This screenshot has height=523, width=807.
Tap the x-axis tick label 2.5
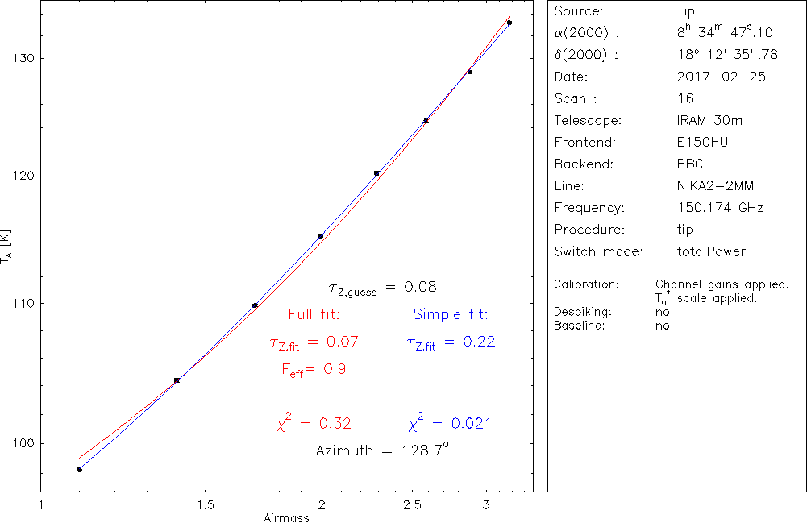[x=424, y=505]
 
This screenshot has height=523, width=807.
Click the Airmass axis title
[x=287, y=517]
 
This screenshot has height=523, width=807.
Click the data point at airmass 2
[x=321, y=236]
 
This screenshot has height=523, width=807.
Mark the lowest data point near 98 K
[x=79, y=469]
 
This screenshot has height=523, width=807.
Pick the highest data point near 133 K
[x=510, y=23]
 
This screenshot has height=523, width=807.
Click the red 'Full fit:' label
[x=314, y=314]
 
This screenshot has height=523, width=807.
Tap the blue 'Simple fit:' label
[x=451, y=314]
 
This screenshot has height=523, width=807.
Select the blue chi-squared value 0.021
[x=450, y=423]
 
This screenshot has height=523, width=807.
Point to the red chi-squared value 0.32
[x=314, y=423]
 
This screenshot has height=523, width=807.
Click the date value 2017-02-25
[x=722, y=77]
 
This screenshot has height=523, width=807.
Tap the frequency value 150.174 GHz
[x=720, y=208]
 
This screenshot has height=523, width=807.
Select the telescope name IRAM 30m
[x=709, y=121]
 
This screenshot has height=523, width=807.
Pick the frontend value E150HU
[x=701, y=143]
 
